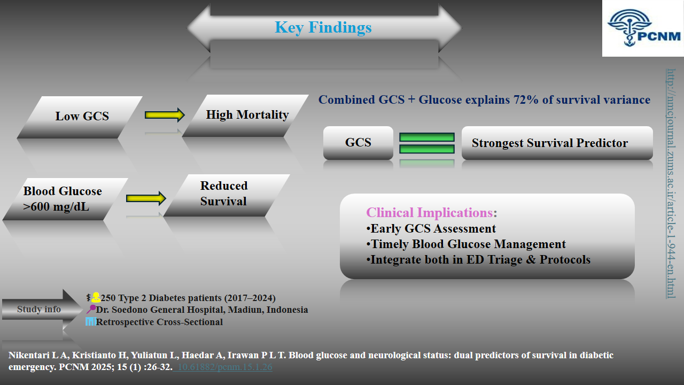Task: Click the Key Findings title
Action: [x=323, y=27]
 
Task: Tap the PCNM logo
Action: [x=643, y=28]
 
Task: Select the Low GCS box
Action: [x=82, y=116]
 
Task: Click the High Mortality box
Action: [x=247, y=115]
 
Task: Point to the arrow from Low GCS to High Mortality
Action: [x=165, y=114]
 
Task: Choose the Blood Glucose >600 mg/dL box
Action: [x=63, y=199]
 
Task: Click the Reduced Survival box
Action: [x=224, y=194]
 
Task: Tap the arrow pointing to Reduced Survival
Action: [x=146, y=198]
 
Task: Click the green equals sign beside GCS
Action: [x=427, y=143]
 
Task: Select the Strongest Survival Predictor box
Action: [x=557, y=143]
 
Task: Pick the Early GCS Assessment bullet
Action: [x=431, y=229]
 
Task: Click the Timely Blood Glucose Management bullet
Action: [x=466, y=244]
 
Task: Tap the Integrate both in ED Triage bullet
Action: [x=478, y=260]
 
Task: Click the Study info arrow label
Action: [x=38, y=309]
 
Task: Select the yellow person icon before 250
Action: [x=96, y=297]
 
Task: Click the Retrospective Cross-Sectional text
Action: [x=159, y=322]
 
